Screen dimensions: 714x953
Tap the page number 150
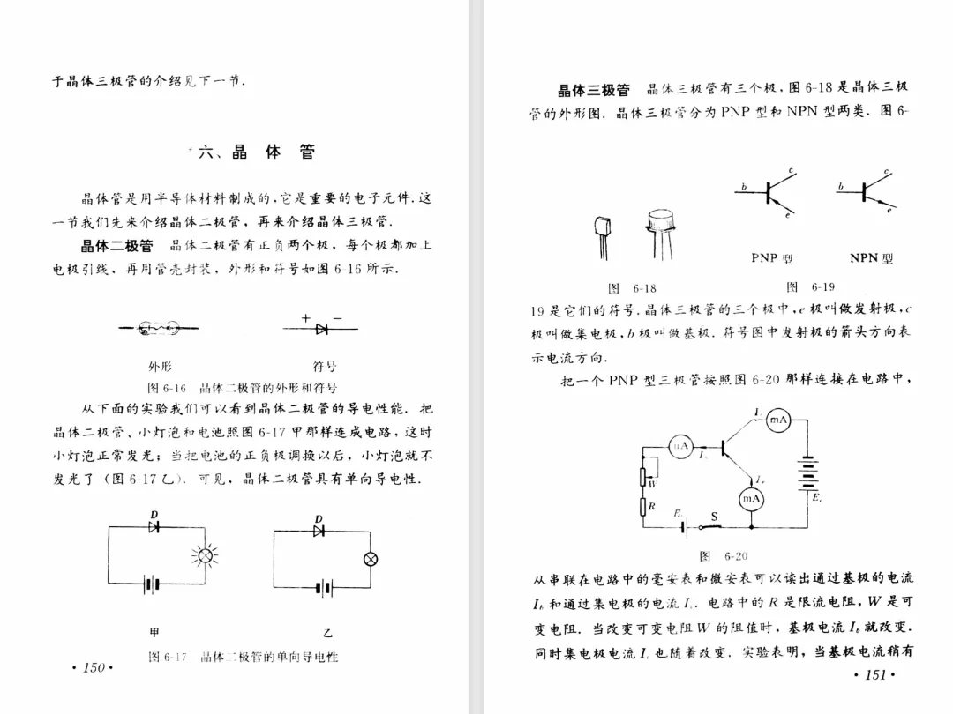[94, 667]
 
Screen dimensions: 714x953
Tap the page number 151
[875, 675]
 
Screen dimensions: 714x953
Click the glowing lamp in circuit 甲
[205, 555]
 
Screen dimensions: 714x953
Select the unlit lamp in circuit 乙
[371, 558]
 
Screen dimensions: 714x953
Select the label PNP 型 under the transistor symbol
[772, 258]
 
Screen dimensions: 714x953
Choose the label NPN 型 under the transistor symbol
[871, 258]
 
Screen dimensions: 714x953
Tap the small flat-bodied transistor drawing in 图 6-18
[602, 235]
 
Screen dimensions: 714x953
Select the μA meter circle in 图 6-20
[680, 446]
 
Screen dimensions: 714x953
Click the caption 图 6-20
[723, 556]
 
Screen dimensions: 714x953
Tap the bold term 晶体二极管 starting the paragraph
[116, 245]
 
